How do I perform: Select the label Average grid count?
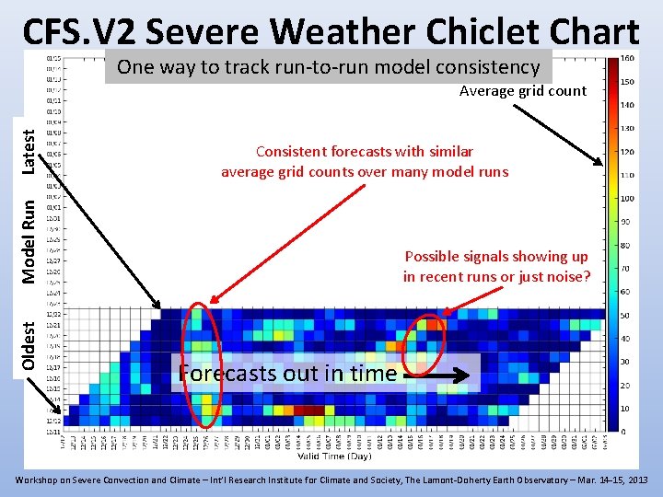(522, 90)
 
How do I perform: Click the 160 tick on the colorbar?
(627, 57)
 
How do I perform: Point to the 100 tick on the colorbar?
(627, 198)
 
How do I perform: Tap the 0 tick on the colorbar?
(624, 432)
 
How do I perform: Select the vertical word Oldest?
(29, 346)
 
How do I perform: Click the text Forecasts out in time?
(287, 374)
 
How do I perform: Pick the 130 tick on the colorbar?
(627, 128)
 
